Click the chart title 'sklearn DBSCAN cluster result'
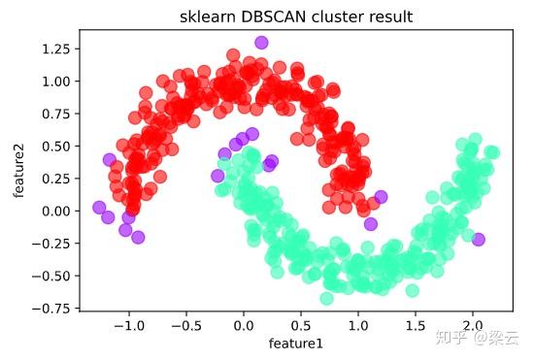296,16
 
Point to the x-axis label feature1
296,344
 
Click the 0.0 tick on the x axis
244,327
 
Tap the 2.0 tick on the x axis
473,327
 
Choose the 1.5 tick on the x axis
416,327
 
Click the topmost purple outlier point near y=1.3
261,43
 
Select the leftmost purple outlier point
99,207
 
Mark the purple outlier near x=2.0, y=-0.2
478,239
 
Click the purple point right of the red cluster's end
381,197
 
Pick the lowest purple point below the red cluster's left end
138,237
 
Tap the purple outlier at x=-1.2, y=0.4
110,159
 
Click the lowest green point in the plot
327,298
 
